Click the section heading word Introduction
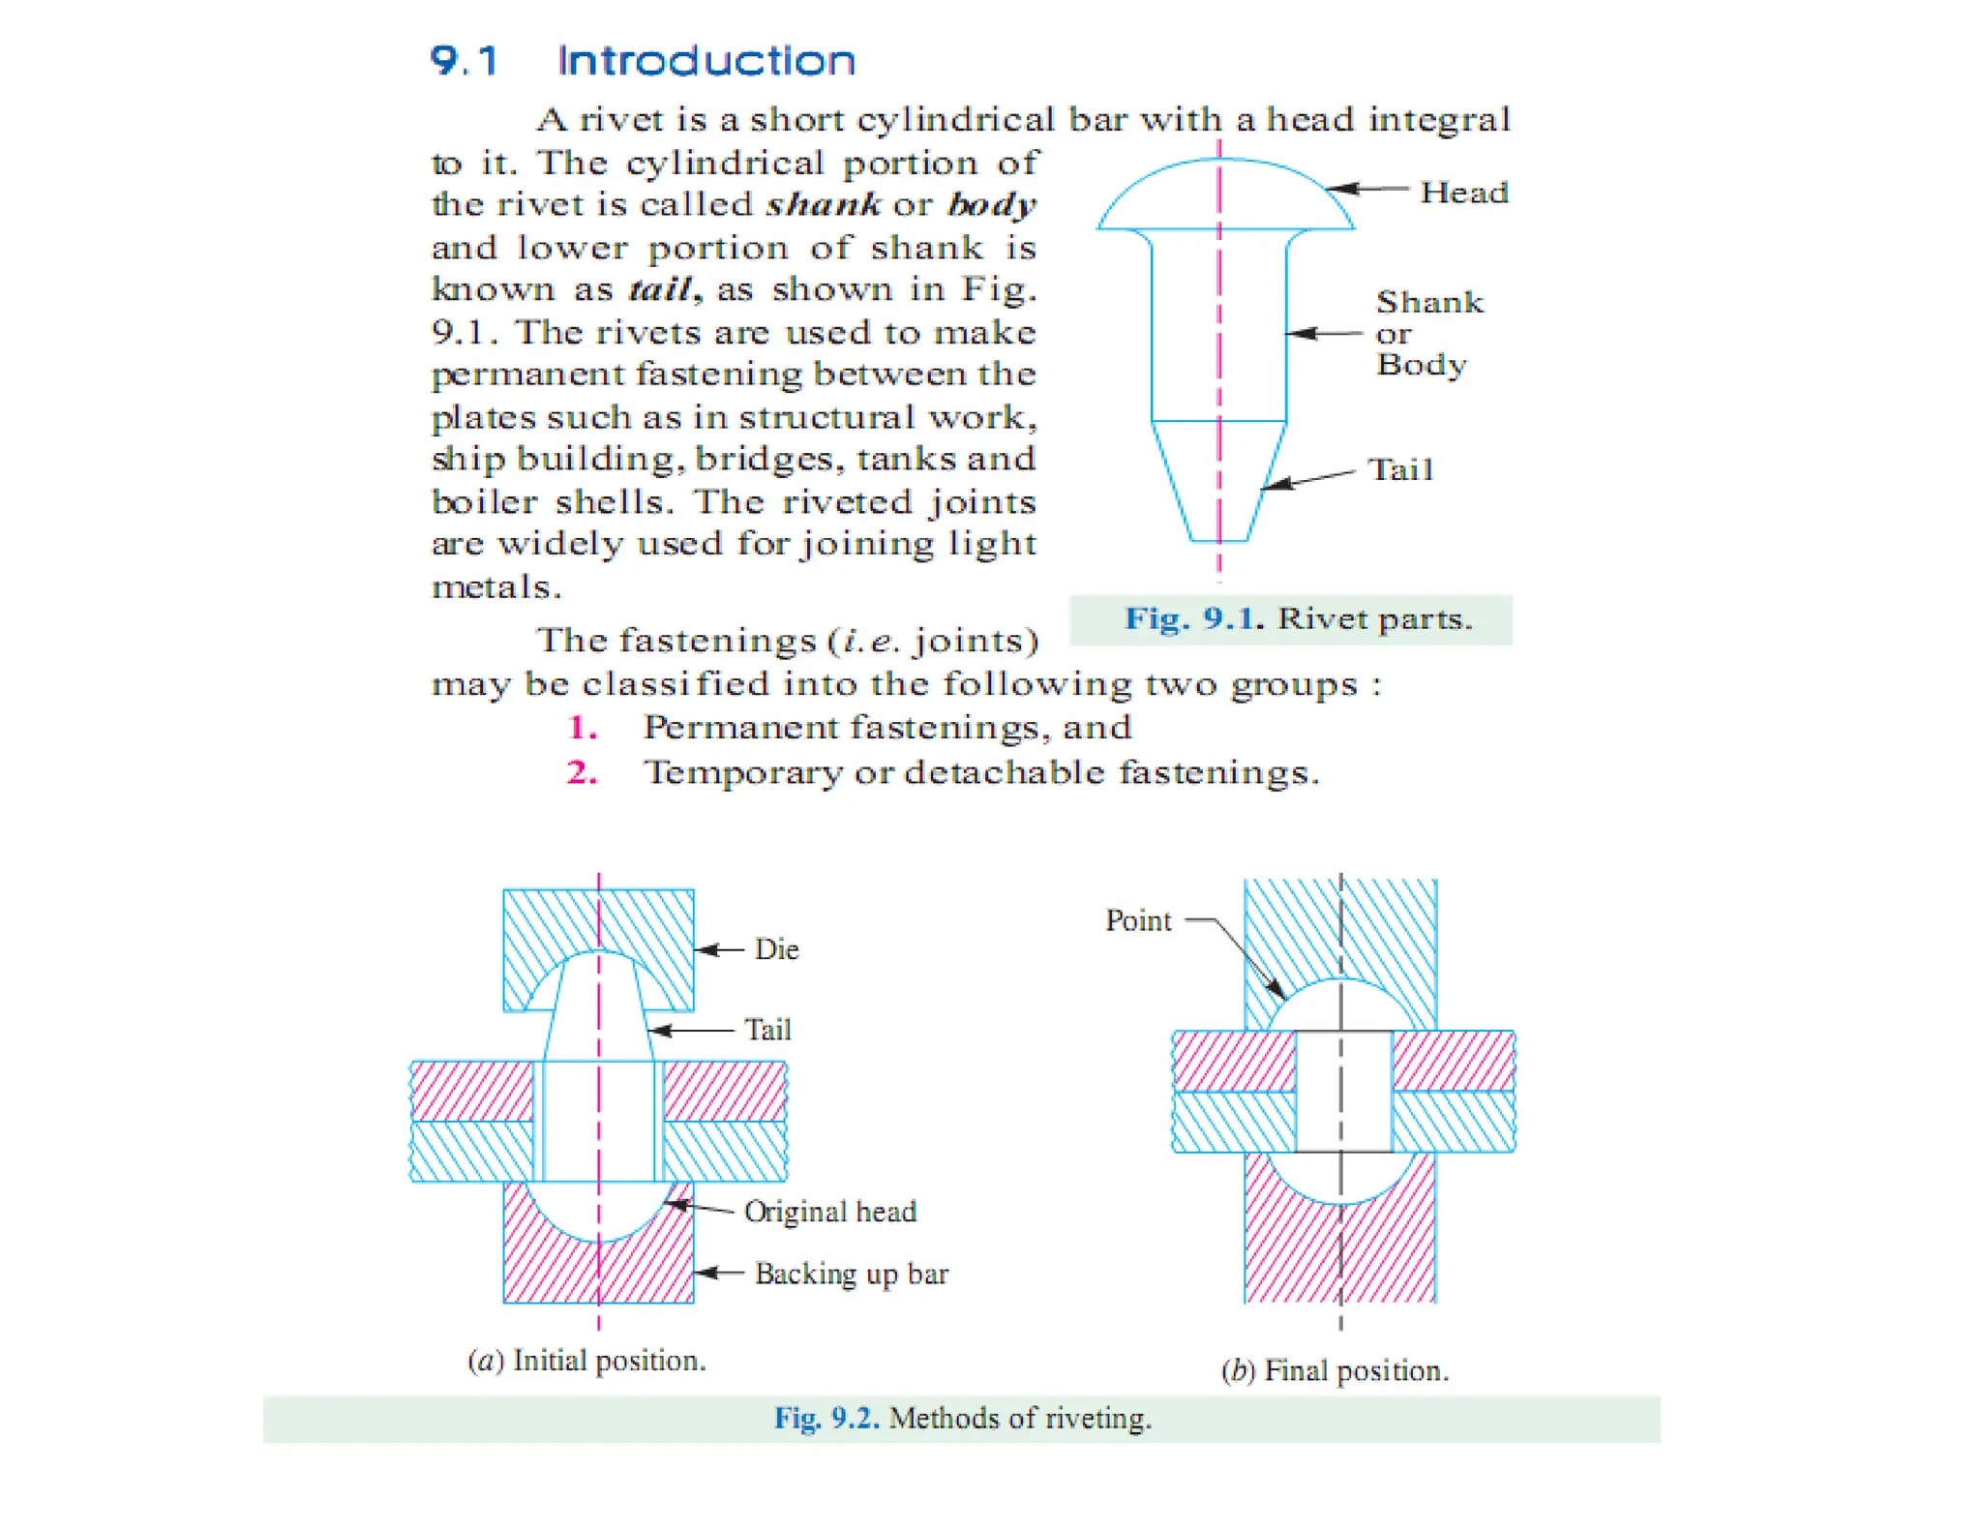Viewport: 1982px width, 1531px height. point(706,61)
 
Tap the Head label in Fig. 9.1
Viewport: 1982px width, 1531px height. point(1463,193)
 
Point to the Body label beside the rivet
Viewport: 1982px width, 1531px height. point(1421,365)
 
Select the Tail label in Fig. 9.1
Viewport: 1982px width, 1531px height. point(1400,470)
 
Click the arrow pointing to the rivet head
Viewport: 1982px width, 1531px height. point(1366,189)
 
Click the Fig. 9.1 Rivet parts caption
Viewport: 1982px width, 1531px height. point(1297,618)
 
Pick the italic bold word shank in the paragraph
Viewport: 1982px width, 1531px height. point(823,204)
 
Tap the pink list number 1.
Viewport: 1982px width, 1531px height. point(582,727)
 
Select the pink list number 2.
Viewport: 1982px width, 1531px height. point(582,772)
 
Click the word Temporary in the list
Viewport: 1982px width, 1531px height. point(743,772)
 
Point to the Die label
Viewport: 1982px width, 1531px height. point(776,949)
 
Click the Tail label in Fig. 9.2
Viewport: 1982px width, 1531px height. point(767,1030)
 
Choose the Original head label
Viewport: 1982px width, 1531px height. point(829,1212)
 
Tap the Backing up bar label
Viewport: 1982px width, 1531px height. point(851,1274)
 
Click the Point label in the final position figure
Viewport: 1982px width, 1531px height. point(1138,920)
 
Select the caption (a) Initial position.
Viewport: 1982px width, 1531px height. point(586,1361)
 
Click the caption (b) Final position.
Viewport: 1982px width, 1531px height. point(1335,1370)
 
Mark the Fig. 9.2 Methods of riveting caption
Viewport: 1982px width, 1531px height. point(962,1418)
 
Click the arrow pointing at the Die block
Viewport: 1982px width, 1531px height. point(719,949)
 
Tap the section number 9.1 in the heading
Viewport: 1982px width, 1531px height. point(464,61)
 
